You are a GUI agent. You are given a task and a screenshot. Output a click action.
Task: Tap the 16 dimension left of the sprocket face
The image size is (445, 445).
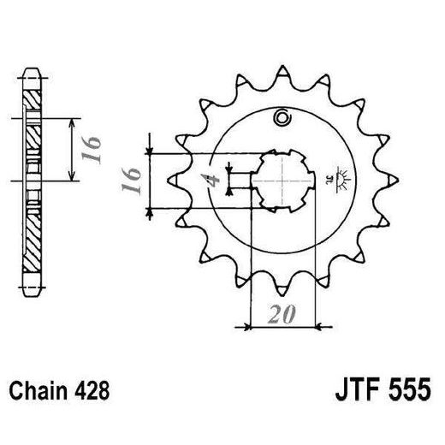131,181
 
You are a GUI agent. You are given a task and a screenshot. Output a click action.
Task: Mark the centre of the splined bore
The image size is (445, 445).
282,179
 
